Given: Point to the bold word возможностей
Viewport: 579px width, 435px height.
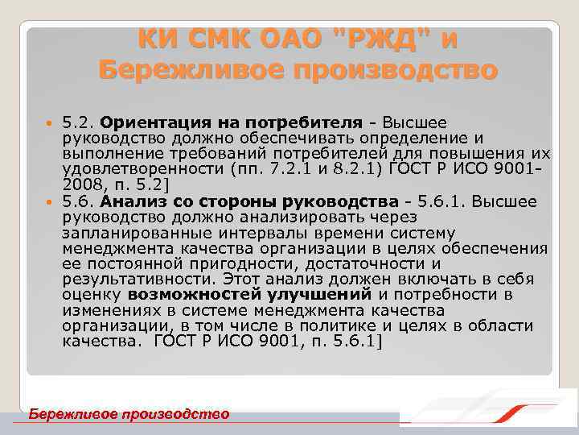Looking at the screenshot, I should click(191, 294).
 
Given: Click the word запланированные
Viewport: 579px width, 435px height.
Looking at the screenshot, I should click(129, 232).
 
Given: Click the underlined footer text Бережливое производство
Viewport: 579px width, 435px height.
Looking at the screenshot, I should click(129, 414).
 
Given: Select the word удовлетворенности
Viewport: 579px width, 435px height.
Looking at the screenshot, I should click(136, 169).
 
